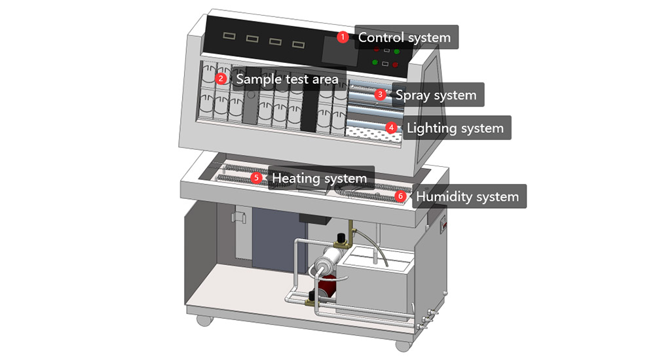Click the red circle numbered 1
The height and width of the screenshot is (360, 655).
(x=343, y=37)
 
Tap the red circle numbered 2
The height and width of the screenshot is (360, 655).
(x=222, y=79)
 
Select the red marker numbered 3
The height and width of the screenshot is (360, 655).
(x=381, y=94)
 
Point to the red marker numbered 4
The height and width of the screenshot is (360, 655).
(x=391, y=128)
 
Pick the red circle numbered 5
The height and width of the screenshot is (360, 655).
(x=256, y=177)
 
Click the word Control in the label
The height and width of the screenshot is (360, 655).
(x=380, y=37)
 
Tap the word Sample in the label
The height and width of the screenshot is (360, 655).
(x=259, y=79)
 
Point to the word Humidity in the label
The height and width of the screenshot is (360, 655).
(x=443, y=196)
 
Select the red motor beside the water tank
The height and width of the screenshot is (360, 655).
(x=326, y=286)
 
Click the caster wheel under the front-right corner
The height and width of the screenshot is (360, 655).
(x=400, y=343)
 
